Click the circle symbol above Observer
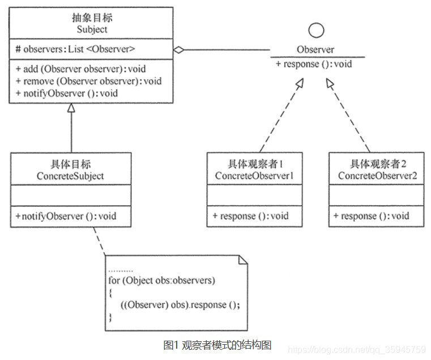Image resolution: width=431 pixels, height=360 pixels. (x=317, y=31)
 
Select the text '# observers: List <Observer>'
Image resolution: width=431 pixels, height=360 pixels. (x=74, y=49)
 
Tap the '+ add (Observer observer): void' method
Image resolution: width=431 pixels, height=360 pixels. (x=81, y=69)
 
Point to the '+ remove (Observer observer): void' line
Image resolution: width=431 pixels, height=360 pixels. (x=88, y=81)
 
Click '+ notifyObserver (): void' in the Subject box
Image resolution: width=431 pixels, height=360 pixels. (x=67, y=93)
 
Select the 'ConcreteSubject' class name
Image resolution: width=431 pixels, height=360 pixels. (x=71, y=176)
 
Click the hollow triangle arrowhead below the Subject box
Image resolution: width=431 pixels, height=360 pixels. (x=71, y=108)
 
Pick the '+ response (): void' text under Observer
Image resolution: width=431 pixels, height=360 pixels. (x=314, y=63)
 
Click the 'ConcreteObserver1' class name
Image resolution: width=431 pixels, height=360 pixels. (x=254, y=176)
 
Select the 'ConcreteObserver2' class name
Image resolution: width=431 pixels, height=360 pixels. (x=377, y=176)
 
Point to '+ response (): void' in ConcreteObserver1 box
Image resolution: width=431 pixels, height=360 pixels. (x=250, y=216)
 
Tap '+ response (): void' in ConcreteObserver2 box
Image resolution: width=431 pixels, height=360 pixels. (x=371, y=216)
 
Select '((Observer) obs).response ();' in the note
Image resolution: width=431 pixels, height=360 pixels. (x=180, y=304)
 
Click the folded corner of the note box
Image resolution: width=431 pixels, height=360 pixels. (x=243, y=260)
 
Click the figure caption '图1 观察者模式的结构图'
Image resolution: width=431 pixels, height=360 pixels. (x=217, y=345)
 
